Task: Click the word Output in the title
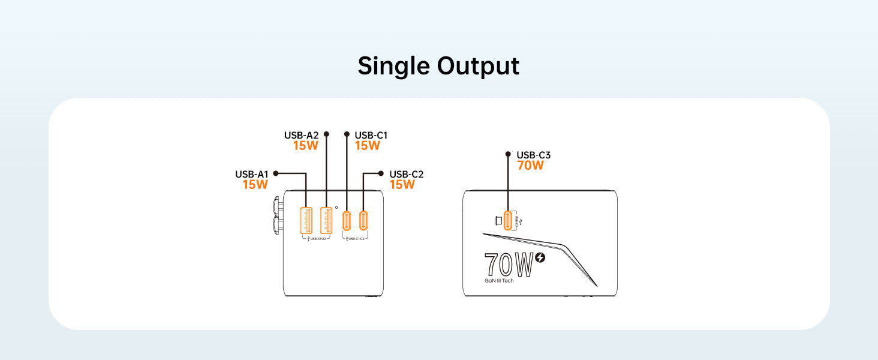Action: (478, 66)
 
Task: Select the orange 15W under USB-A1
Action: (255, 185)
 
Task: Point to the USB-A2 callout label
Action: (302, 136)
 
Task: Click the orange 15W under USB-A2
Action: (306, 146)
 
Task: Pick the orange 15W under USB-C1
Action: (368, 146)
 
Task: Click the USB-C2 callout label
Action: (407, 175)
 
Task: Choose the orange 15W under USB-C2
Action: (402, 185)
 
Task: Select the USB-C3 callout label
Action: (534, 155)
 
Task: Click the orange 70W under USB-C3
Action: (530, 166)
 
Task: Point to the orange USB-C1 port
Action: (347, 221)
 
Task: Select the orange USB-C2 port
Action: (364, 221)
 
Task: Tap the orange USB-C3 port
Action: (509, 221)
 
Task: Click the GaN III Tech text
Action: (499, 280)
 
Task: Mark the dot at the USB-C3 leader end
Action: (508, 155)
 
